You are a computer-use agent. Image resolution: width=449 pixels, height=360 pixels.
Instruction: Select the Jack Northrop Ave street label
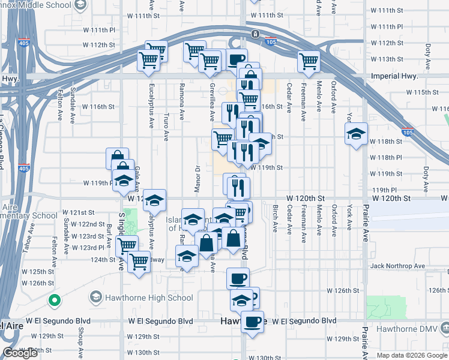tap(397, 266)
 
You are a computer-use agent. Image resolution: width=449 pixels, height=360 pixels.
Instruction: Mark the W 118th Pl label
tap(386, 157)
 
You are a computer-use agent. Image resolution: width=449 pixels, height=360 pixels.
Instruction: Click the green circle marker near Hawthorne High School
tap(55, 300)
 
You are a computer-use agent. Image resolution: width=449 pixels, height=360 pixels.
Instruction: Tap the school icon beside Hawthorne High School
tap(95, 297)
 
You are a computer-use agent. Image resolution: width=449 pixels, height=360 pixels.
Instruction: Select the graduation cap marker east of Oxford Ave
tap(356, 134)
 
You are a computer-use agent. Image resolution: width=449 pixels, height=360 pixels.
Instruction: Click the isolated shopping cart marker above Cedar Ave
tap(309, 61)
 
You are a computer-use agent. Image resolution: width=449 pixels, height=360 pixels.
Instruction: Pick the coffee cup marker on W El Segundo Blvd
tap(253, 322)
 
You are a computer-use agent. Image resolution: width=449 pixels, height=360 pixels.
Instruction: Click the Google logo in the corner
tap(20, 353)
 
